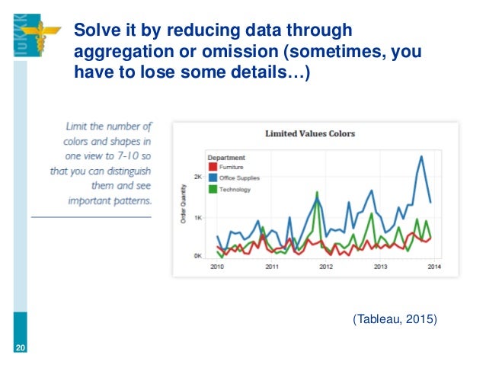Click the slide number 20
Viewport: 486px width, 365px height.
[20, 349]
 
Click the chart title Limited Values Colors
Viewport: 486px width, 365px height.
[309, 133]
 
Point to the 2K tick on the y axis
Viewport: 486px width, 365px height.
[197, 177]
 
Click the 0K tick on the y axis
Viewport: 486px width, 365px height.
[197, 256]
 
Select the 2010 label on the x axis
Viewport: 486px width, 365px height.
[217, 267]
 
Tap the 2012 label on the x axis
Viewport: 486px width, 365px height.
[326, 267]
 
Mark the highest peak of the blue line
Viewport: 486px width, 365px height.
[420, 156]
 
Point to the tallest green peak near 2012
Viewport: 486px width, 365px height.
[316, 192]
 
